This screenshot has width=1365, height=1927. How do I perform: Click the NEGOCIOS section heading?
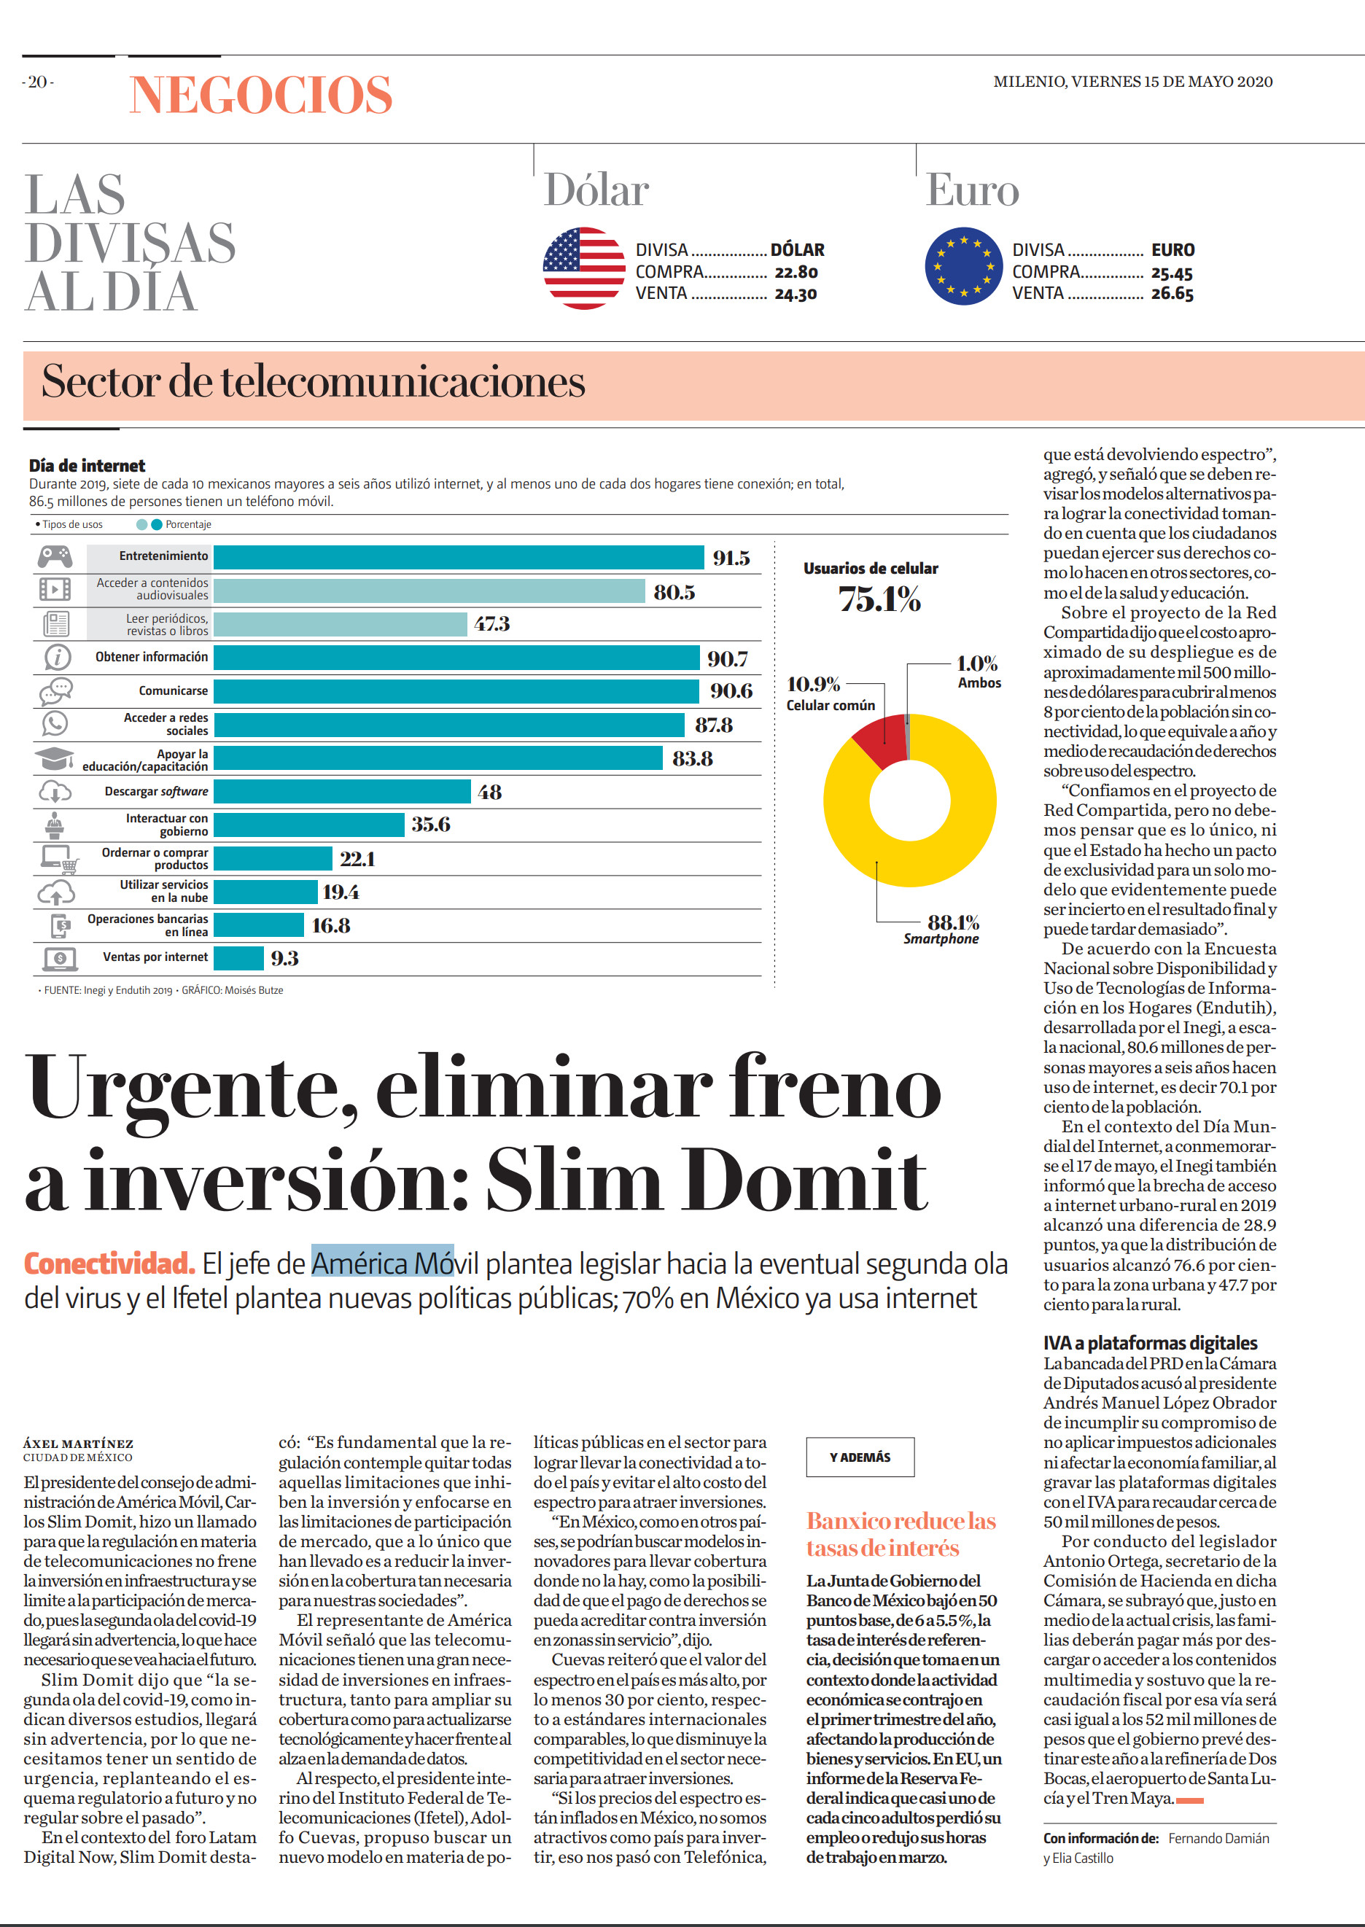tap(261, 94)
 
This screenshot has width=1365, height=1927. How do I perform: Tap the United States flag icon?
tap(584, 268)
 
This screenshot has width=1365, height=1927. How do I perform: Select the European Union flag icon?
tap(964, 266)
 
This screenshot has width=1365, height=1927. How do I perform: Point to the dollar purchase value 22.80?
tap(796, 272)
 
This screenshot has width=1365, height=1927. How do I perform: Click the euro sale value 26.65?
tap(1172, 293)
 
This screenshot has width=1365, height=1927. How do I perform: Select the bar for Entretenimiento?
tap(458, 557)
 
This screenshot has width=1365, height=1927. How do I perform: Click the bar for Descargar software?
tap(342, 792)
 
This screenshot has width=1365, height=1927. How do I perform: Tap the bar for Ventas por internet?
tap(238, 958)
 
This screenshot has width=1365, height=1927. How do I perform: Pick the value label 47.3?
tap(491, 623)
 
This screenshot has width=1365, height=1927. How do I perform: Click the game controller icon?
tap(55, 556)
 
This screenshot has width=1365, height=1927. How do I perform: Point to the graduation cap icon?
tap(54, 759)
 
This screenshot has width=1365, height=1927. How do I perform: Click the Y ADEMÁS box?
tap(860, 1458)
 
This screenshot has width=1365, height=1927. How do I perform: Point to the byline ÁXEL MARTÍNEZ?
tap(78, 1444)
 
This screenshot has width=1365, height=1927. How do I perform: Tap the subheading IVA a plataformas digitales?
tap(1151, 1343)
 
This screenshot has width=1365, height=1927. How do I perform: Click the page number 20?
tap(38, 82)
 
